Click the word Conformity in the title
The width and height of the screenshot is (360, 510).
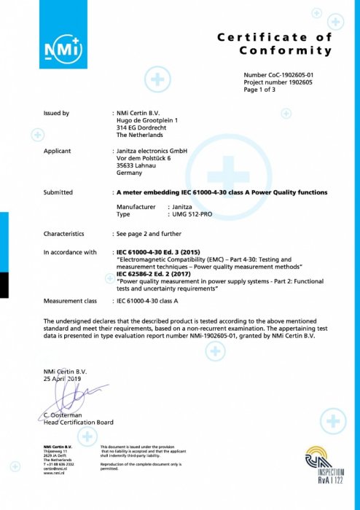286,50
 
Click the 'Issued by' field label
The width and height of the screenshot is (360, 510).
56,114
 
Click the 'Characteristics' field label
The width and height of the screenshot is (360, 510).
64,234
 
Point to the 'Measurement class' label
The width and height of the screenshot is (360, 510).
70,300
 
